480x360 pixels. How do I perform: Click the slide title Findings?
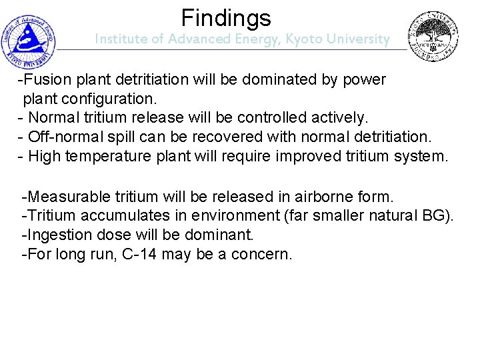[226, 17]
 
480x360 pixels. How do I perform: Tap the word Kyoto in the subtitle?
[303, 39]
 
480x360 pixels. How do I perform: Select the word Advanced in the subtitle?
[195, 39]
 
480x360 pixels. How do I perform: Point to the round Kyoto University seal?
[433, 37]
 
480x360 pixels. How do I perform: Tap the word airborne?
[321, 197]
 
